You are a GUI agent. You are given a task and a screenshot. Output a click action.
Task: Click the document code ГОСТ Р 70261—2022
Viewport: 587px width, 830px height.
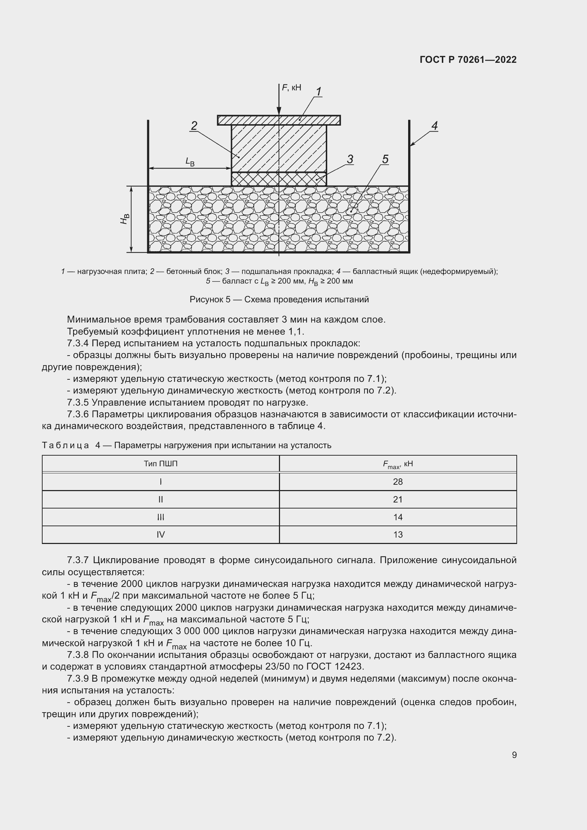468,60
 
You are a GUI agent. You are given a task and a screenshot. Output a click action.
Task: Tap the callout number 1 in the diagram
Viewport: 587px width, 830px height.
318,92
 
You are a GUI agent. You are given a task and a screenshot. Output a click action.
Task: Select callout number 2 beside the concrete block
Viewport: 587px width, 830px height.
194,126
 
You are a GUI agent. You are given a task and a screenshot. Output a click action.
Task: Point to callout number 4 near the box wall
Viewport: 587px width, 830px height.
434,126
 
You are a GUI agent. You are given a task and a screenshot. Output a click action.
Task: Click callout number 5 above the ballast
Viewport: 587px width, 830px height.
385,159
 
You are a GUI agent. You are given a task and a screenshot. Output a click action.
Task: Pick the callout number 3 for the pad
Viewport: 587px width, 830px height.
350,159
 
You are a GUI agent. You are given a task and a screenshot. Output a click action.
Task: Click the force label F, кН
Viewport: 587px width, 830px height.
291,88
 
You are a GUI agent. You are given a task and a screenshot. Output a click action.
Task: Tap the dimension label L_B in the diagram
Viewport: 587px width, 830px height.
190,161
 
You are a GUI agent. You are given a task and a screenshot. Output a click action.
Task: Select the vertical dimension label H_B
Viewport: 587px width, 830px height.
125,219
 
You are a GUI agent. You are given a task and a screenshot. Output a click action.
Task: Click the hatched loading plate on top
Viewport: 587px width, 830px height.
253,120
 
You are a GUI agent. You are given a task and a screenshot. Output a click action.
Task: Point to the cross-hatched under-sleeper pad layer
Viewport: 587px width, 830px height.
278,179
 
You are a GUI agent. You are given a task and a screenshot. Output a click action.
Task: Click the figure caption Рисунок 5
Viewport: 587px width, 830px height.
279,299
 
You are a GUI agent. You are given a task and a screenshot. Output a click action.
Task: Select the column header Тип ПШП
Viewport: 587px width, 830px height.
160,463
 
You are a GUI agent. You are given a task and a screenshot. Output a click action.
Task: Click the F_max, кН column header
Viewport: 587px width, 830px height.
397,464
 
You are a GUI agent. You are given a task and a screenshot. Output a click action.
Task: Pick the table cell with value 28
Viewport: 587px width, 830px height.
397,482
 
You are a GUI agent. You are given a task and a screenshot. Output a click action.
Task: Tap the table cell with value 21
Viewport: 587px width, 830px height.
397,499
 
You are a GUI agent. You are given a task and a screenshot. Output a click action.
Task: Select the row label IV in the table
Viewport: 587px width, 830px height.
160,534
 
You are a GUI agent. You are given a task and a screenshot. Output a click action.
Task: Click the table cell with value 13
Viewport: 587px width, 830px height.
397,534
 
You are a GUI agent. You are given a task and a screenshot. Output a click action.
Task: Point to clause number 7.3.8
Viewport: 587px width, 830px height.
78,655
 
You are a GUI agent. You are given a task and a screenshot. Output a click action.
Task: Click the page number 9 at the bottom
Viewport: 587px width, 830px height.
514,755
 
